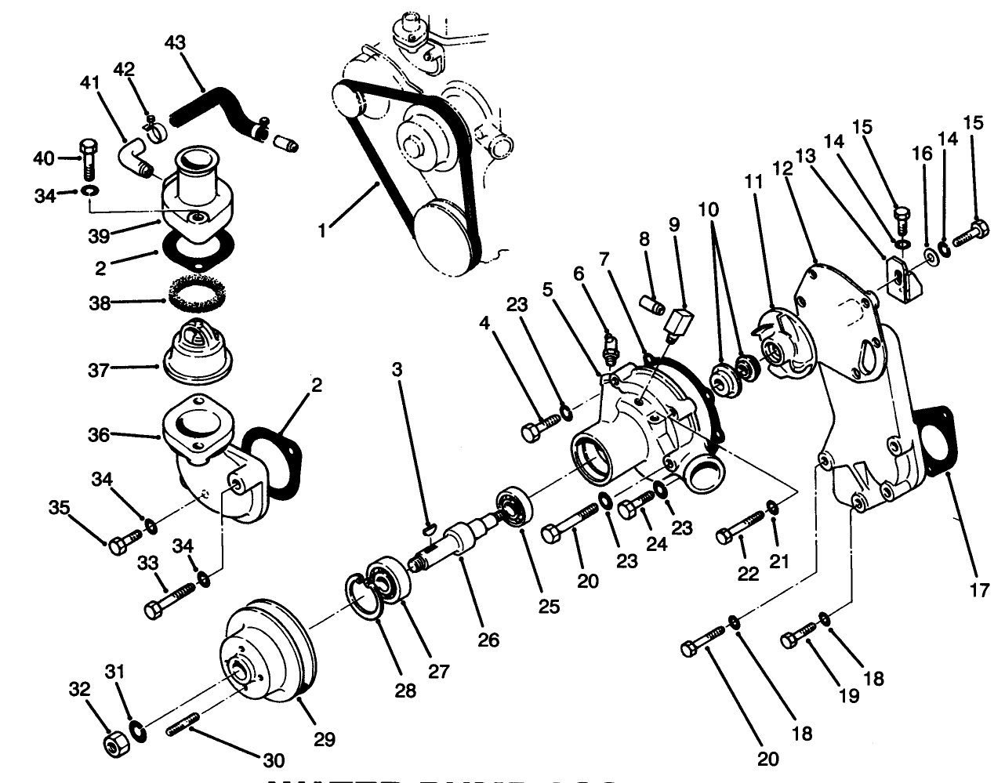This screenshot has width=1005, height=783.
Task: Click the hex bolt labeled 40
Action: click(x=88, y=161)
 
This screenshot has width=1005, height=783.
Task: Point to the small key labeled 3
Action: click(x=430, y=526)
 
